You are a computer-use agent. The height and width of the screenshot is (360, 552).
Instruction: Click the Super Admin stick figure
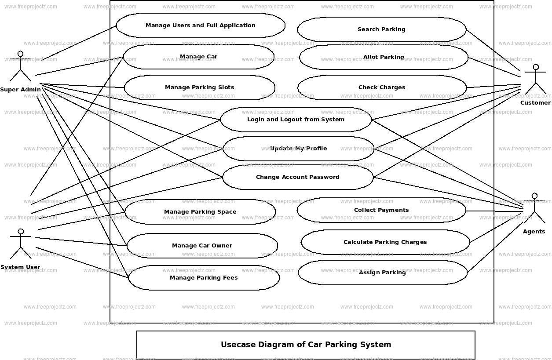(20, 66)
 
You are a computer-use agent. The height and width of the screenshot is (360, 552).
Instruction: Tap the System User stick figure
(20, 244)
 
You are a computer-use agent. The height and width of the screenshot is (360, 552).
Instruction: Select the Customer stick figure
(535, 80)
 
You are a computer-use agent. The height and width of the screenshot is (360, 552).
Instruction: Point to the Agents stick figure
(534, 208)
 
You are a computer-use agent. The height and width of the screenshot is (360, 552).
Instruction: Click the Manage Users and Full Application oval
(201, 25)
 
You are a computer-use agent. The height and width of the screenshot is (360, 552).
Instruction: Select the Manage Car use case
(198, 57)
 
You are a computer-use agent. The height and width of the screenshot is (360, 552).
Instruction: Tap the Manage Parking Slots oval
(199, 87)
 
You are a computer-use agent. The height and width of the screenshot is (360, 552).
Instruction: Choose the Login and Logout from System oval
(296, 120)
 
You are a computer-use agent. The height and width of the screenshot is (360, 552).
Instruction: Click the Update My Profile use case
(298, 149)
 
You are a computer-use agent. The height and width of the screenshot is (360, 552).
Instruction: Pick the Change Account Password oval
(298, 177)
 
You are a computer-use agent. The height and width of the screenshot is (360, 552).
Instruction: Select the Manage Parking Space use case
(200, 212)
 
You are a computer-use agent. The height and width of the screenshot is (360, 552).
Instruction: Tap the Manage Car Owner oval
(202, 246)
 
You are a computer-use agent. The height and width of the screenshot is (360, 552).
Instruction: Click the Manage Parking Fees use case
(204, 278)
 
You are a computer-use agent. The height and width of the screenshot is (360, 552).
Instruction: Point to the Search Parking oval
(381, 29)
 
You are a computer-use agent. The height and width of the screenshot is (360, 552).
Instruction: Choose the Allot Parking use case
(384, 57)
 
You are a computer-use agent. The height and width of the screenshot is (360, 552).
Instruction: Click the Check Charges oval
(382, 87)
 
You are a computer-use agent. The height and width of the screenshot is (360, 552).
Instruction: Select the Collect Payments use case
(381, 210)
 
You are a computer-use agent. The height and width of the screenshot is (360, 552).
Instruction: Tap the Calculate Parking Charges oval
(385, 242)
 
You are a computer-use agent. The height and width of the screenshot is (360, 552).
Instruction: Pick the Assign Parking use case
(382, 273)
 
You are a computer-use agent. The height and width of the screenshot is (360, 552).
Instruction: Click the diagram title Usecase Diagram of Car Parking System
(306, 345)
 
